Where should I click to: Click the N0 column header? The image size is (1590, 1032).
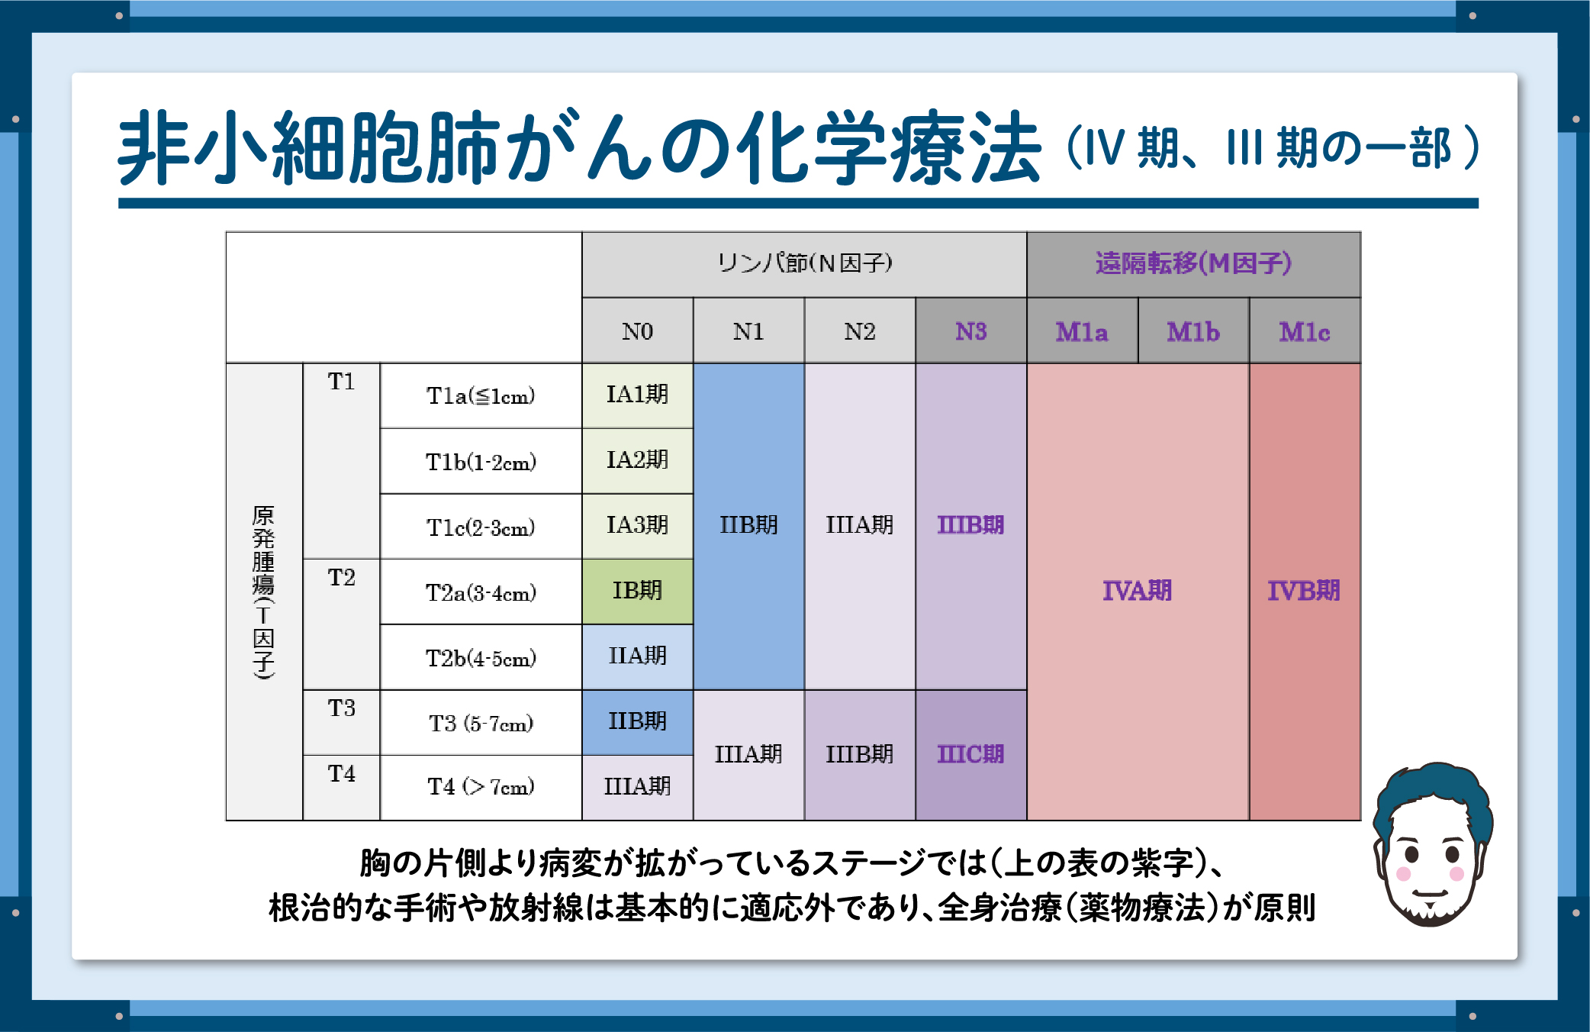[637, 331]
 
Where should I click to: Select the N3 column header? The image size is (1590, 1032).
[970, 331]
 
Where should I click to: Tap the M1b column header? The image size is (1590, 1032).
[1193, 331]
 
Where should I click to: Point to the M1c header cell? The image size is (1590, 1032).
[1305, 331]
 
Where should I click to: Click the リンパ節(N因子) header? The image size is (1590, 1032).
[804, 263]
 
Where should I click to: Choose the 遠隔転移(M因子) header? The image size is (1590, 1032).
[1193, 263]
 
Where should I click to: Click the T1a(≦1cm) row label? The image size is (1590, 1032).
[481, 395]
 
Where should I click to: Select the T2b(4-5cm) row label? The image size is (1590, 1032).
[481, 657]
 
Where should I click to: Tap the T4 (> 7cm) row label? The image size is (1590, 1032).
[481, 786]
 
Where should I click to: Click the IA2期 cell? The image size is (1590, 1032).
[637, 460]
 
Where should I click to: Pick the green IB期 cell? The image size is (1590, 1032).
[637, 591]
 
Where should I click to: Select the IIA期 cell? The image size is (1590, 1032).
[637, 656]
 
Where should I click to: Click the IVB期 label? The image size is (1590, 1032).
[1304, 591]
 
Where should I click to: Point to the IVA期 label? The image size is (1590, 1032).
[1137, 591]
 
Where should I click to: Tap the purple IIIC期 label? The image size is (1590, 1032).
[970, 754]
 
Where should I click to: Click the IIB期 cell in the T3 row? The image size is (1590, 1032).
[637, 722]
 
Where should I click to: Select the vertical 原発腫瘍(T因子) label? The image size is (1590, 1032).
[263, 592]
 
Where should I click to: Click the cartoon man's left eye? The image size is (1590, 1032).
[1412, 853]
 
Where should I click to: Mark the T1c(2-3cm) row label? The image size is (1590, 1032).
[481, 527]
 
